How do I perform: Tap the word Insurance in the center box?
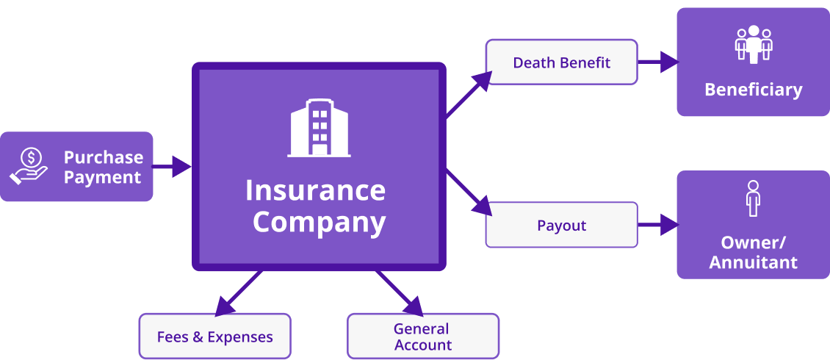[315, 190]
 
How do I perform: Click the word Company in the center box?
[319, 222]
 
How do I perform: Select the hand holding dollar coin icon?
[29, 166]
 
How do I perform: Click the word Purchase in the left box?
[103, 157]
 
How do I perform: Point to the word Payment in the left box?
[102, 177]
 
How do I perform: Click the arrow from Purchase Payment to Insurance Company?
[172, 167]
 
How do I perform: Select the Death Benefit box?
[561, 62]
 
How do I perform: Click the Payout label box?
[561, 226]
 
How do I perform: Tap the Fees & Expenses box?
[214, 337]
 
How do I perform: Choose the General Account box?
[422, 336]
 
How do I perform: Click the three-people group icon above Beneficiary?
[753, 44]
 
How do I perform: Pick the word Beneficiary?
[753, 90]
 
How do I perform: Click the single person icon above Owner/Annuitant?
[752, 198]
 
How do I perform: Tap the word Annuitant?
[753, 262]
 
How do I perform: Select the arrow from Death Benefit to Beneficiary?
[657, 62]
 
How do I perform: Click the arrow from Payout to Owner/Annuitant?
[657, 225]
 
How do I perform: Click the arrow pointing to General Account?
[400, 294]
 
